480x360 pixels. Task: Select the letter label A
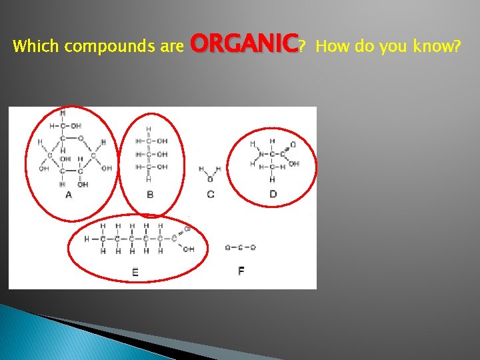pyautogui.click(x=69, y=195)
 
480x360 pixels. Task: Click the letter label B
pyautogui.click(x=149, y=195)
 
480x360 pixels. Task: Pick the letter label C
pyautogui.click(x=211, y=195)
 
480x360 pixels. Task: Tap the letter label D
pyautogui.click(x=273, y=194)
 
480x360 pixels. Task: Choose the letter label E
pyautogui.click(x=135, y=271)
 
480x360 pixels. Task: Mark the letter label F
pyautogui.click(x=241, y=271)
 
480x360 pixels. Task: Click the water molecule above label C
pyautogui.click(x=210, y=175)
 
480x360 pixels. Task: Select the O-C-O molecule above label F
pyautogui.click(x=240, y=248)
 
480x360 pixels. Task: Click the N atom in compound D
pyautogui.click(x=261, y=155)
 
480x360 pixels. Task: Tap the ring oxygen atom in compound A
pyautogui.click(x=81, y=139)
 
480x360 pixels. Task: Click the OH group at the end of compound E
pyautogui.click(x=189, y=249)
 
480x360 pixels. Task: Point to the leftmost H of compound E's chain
pyautogui.click(x=86, y=239)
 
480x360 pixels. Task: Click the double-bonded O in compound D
pyautogui.click(x=293, y=145)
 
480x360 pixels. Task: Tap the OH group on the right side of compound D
pyautogui.click(x=294, y=163)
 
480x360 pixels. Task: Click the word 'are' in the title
pyautogui.click(x=173, y=47)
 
